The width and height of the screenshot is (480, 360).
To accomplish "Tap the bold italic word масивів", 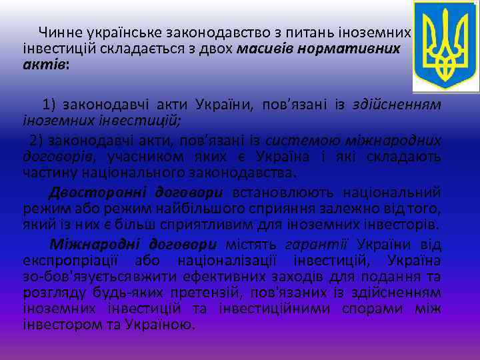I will click(x=264, y=49).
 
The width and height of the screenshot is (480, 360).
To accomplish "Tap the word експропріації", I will click(x=66, y=260).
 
